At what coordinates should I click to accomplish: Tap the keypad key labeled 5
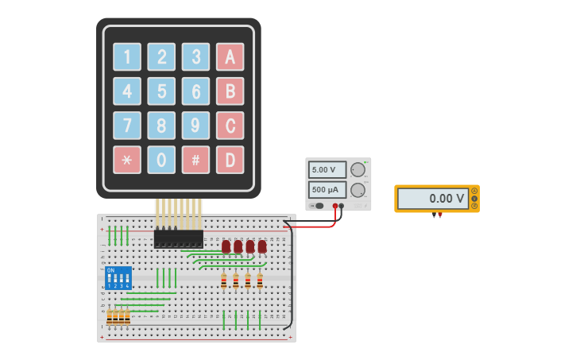click(x=161, y=91)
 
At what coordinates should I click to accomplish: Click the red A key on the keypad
click(x=230, y=57)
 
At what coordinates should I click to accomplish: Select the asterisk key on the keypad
click(x=126, y=160)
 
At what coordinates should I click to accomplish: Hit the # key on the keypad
click(x=195, y=160)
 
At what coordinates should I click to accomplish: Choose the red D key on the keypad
click(x=230, y=160)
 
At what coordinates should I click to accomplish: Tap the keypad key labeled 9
click(x=195, y=126)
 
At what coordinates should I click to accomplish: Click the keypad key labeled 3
click(x=195, y=57)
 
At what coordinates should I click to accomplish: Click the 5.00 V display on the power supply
click(x=327, y=170)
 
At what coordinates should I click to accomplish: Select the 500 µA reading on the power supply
click(x=327, y=190)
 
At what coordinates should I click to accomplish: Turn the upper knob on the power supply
click(x=358, y=169)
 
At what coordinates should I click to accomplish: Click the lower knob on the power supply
click(x=358, y=190)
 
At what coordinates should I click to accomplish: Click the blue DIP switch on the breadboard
click(x=118, y=277)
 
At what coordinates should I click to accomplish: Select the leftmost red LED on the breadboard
click(x=226, y=246)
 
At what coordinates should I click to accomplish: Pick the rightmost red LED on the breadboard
click(x=262, y=246)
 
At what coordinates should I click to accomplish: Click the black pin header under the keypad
click(x=178, y=238)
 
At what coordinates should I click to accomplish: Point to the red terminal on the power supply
click(x=335, y=206)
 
